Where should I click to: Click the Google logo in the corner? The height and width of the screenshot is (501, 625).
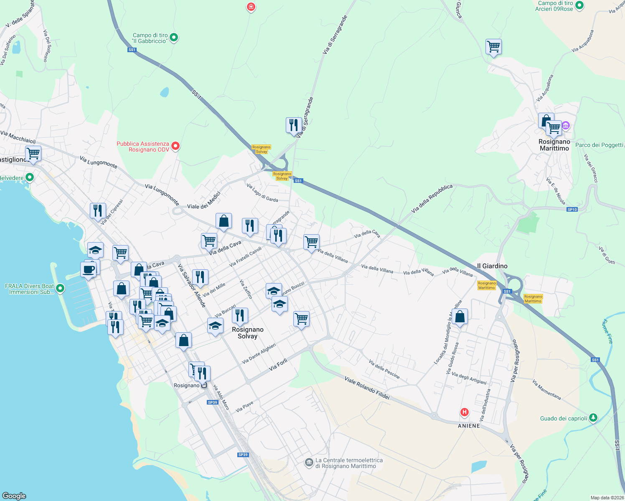point(14,496)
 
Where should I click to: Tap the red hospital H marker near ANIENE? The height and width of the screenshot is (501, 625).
point(464,412)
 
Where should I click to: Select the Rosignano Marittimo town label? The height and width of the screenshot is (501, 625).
point(554,145)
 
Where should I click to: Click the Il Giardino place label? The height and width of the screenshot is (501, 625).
point(492,266)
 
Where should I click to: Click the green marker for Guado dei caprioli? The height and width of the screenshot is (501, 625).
point(593,417)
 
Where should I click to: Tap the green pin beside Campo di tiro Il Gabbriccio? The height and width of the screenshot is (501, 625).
point(174,38)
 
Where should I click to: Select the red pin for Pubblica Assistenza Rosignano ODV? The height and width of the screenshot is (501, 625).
point(176,146)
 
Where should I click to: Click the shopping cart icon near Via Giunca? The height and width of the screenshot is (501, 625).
point(493,47)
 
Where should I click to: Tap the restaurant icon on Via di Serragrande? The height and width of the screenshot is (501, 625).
point(294,125)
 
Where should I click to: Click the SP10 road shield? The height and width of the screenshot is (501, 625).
point(572,210)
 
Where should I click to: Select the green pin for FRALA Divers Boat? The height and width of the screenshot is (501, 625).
point(60,288)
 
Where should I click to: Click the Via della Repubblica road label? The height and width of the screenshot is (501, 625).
point(432,199)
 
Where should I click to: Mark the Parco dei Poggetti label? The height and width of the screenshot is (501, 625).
point(599,145)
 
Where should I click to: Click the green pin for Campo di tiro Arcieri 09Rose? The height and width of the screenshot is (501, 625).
point(579,5)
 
